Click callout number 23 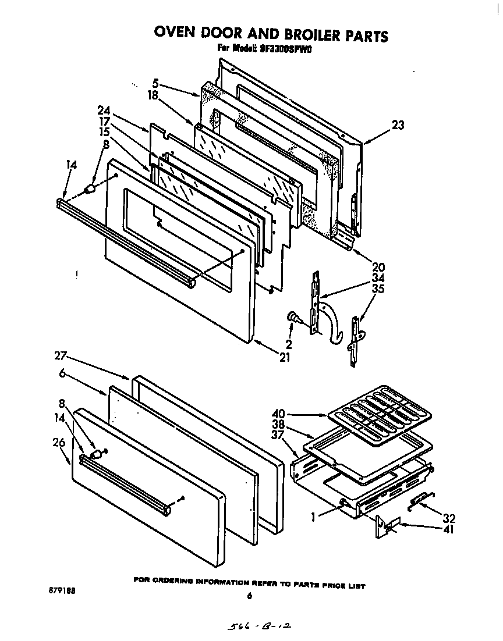click(398, 124)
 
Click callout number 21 click(284, 357)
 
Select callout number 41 click(448, 529)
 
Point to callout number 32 click(448, 518)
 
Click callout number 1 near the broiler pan click(315, 515)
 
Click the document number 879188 click(58, 590)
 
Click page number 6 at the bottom click(249, 595)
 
